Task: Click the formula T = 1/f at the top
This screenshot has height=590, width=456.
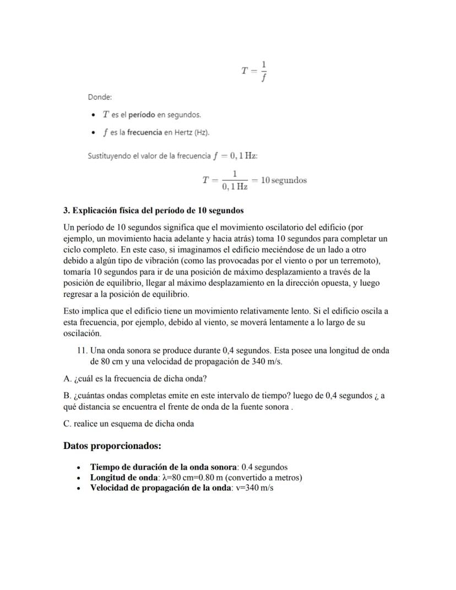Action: pos(254,71)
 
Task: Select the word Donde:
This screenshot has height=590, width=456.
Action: pos(100,97)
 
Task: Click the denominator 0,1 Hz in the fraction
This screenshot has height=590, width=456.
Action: pos(235,187)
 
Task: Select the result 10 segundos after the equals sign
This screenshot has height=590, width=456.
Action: pos(284,180)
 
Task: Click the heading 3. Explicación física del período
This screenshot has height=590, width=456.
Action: pos(154,210)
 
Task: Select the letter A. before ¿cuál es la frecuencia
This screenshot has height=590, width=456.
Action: pos(67,378)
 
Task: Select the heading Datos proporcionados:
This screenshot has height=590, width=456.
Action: pos(112,445)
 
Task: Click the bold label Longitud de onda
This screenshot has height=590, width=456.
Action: pos(124,477)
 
